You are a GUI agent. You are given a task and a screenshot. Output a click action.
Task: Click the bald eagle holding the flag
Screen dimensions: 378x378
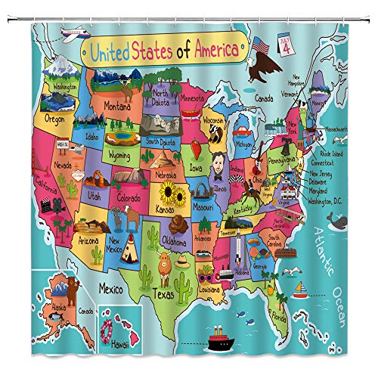(264, 74)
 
